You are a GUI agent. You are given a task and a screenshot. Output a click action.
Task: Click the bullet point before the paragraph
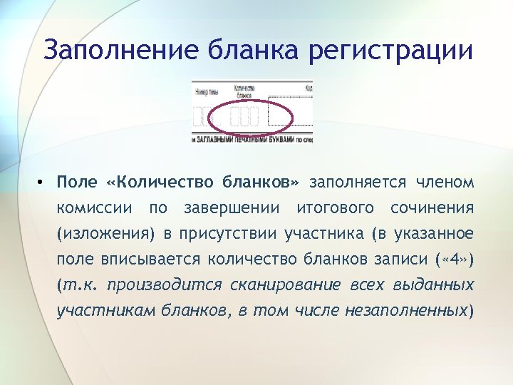tap(43, 183)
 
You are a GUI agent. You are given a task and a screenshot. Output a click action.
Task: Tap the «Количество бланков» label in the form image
tap(244, 93)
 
